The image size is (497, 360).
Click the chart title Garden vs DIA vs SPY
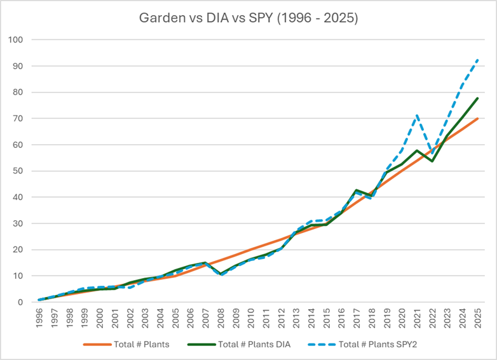(248, 18)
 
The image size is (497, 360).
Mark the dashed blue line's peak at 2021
(417, 115)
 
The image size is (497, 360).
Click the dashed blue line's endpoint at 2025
(477, 60)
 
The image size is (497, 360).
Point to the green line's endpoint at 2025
(477, 98)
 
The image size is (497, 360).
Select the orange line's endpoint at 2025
(477, 119)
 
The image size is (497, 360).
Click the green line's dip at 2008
(221, 274)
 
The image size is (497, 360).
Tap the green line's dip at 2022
(432, 161)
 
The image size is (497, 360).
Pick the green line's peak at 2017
(357, 190)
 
